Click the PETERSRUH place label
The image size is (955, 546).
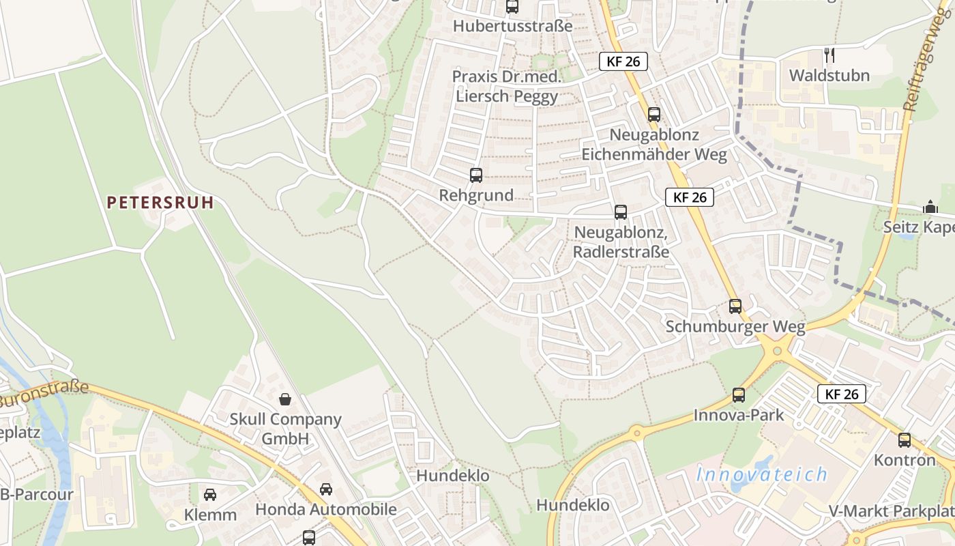tap(160, 202)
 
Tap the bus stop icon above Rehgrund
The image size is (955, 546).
tap(476, 175)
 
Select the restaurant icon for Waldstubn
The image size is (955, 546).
tap(829, 55)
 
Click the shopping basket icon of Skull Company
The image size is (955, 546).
tap(285, 399)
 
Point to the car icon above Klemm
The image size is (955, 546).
tap(210, 494)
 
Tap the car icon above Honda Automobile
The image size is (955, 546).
tap(326, 489)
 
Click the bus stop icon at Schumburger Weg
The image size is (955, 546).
tap(735, 306)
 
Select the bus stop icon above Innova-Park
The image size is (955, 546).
tap(739, 394)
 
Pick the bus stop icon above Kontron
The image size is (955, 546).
tap(905, 440)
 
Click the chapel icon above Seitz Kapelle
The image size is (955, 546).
tap(930, 207)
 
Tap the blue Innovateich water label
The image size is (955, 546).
tap(762, 474)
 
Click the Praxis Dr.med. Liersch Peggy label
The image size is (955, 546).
tap(507, 86)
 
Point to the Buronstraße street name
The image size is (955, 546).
tap(44, 394)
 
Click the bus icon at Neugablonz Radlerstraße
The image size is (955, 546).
tap(621, 212)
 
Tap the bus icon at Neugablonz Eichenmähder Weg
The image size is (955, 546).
tap(654, 115)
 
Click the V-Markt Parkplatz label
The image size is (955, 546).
tap(891, 511)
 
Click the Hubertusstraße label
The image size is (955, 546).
tap(513, 27)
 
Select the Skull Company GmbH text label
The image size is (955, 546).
tap(285, 429)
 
